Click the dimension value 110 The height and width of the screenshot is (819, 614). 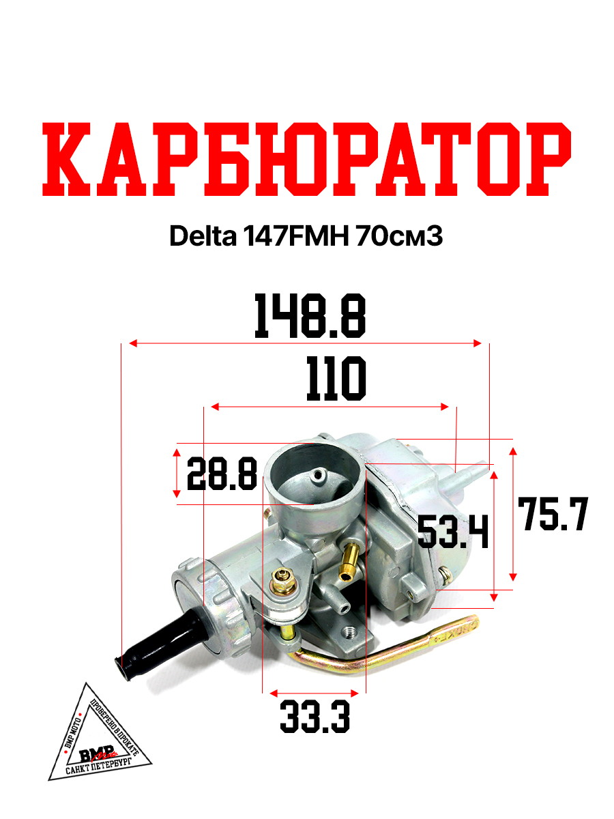[336, 379]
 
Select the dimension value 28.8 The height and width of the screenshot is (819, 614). [222, 474]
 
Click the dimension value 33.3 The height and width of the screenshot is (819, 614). [315, 717]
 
